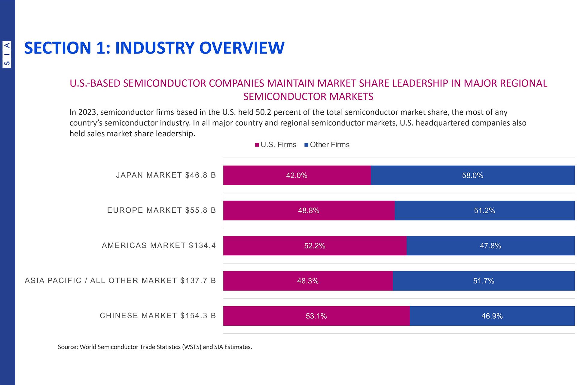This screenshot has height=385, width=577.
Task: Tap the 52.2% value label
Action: [x=315, y=246]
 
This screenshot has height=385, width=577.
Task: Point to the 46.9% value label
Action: [x=492, y=316]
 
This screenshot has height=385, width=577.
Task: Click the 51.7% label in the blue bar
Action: [x=484, y=281]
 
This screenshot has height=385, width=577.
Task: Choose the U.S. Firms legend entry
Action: [x=276, y=145]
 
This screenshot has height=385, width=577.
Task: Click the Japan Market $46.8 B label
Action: [x=166, y=175]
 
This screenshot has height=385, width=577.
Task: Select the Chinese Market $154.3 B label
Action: [x=158, y=316]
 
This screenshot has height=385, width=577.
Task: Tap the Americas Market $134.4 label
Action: [x=159, y=245]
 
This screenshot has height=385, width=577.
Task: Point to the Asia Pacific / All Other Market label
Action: [x=120, y=280]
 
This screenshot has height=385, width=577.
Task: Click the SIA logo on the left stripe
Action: [x=7, y=54]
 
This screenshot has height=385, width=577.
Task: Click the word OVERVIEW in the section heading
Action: [x=242, y=48]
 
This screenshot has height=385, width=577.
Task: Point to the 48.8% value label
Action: [x=308, y=211]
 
